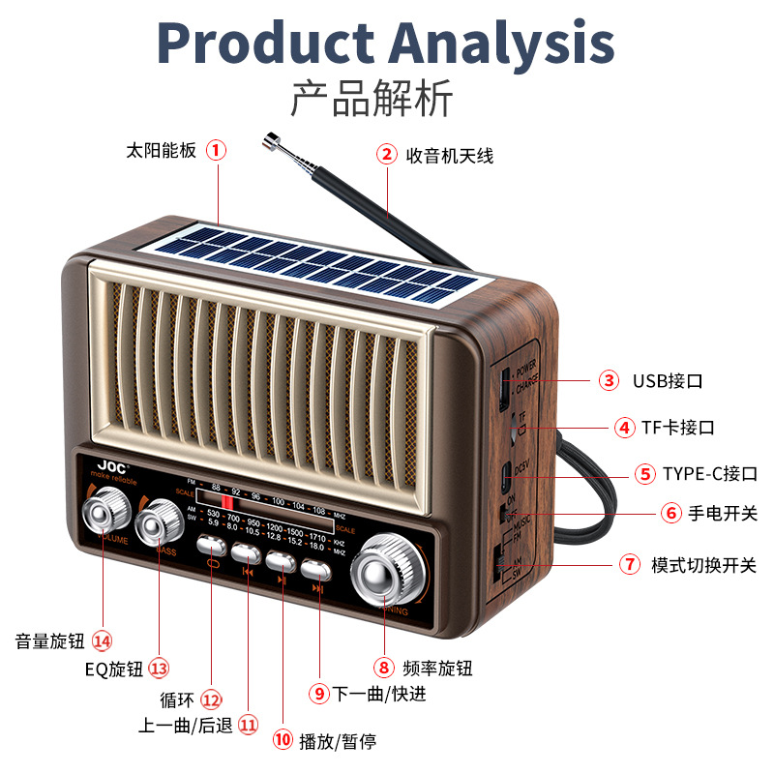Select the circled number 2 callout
tap(387, 155)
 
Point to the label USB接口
tap(668, 380)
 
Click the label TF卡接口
tap(678, 427)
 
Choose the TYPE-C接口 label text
tap(709, 474)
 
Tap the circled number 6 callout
tap(671, 513)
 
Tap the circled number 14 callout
tap(103, 640)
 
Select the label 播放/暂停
tap(338, 742)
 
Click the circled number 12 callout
tap(211, 700)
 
